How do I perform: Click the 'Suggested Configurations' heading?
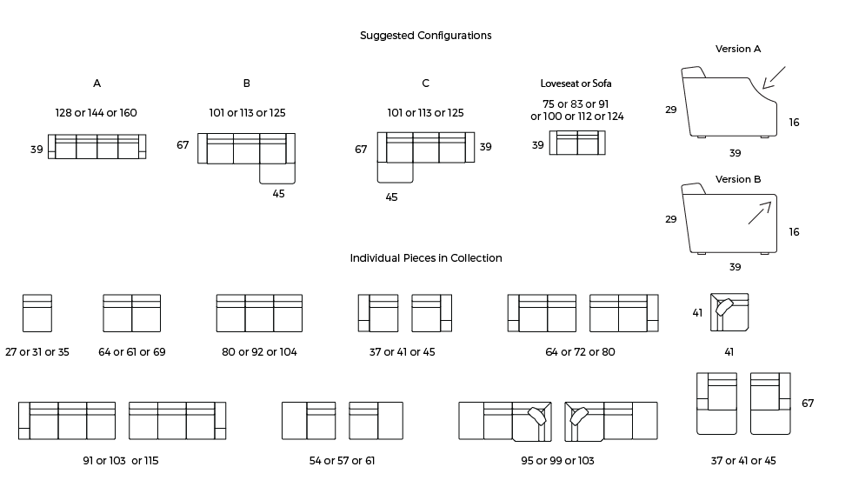(x=425, y=36)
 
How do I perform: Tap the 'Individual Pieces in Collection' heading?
(x=425, y=258)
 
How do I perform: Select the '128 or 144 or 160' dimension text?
(x=97, y=113)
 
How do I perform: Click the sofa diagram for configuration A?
(x=97, y=147)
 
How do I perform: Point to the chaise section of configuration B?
(x=277, y=173)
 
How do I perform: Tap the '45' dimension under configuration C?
(x=391, y=197)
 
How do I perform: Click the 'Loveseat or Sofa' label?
(x=576, y=83)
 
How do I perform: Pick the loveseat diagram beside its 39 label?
(x=577, y=143)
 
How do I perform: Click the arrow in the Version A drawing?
(x=774, y=77)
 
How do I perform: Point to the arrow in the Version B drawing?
(x=760, y=212)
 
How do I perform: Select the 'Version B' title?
(x=738, y=179)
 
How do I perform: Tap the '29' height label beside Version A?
(x=671, y=110)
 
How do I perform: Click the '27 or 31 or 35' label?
(x=37, y=352)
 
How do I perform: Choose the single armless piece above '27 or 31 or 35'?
(x=37, y=313)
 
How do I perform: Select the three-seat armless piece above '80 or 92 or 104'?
(x=259, y=313)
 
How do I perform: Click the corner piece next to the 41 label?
(x=729, y=312)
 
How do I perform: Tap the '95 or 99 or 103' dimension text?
(x=557, y=461)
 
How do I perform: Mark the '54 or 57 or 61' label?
(x=342, y=461)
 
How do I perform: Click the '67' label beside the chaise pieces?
(x=808, y=404)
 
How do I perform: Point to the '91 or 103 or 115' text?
(x=121, y=461)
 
